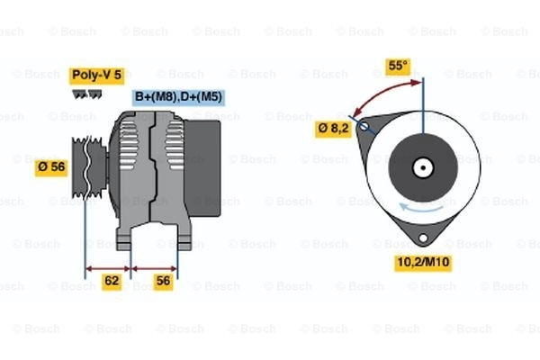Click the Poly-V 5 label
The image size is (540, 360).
pyautogui.click(x=97, y=76)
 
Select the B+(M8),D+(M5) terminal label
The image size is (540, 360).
pyautogui.click(x=179, y=97)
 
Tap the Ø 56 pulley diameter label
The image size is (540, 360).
pyautogui.click(x=51, y=167)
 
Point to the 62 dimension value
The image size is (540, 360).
pyautogui.click(x=112, y=281)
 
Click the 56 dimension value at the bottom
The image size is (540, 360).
pyautogui.click(x=163, y=281)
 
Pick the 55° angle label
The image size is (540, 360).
pyautogui.click(x=398, y=66)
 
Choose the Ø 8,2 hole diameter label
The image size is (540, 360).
pyautogui.click(x=333, y=129)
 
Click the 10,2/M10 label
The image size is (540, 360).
pyautogui.click(x=423, y=263)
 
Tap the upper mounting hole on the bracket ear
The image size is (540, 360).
pyautogui.click(x=364, y=126)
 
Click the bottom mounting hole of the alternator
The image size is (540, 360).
pyautogui.click(x=423, y=238)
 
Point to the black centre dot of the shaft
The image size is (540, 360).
pyautogui.click(x=423, y=168)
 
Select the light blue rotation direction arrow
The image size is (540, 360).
pyautogui.click(x=421, y=207)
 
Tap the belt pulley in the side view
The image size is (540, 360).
pyautogui.click(x=89, y=167)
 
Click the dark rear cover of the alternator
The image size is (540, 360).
pyautogui.click(x=202, y=168)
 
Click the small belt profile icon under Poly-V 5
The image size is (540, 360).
pyautogui.click(x=86, y=94)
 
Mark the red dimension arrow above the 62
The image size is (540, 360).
pyautogui.click(x=108, y=268)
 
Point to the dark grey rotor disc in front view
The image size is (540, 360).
pyautogui.click(x=423, y=168)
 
